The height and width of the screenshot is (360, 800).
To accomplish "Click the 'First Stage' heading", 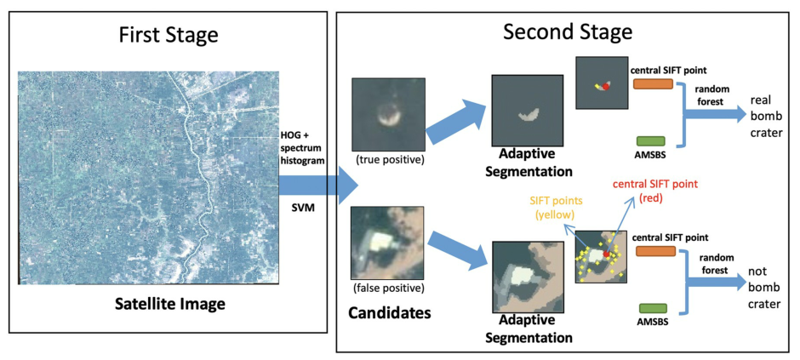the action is tap(168, 35).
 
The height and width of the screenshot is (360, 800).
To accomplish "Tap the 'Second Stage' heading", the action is tap(568, 32).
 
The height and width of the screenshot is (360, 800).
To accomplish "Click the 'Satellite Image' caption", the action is tap(168, 302).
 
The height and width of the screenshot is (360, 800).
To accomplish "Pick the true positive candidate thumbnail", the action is tap(387, 114).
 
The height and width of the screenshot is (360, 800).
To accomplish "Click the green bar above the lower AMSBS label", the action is tap(653, 308).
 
